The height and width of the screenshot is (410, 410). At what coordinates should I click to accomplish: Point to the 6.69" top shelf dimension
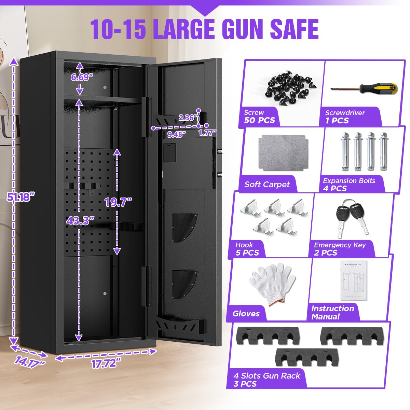pyautogui.click(x=82, y=77)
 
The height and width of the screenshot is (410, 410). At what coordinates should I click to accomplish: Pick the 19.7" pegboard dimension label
pyautogui.click(x=118, y=202)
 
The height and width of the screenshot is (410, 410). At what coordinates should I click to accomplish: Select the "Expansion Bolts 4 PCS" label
pyautogui.click(x=349, y=184)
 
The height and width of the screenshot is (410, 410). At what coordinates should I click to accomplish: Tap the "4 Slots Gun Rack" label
pyautogui.click(x=266, y=379)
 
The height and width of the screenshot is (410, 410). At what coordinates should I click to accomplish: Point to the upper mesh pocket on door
pyautogui.click(x=184, y=228)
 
